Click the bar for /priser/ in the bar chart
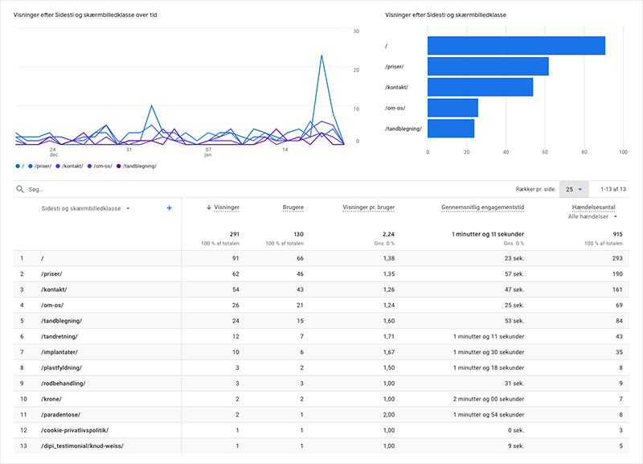[488, 67]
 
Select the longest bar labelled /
[515, 46]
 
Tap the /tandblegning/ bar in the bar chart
[451, 128]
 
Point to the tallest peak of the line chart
[321, 55]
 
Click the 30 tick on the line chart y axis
[356, 31]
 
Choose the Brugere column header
[293, 207]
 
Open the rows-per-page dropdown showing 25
[573, 189]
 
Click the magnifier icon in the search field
[19, 189]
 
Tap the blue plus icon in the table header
[169, 207]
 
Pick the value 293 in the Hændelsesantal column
[617, 258]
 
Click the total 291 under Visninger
[234, 234]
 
